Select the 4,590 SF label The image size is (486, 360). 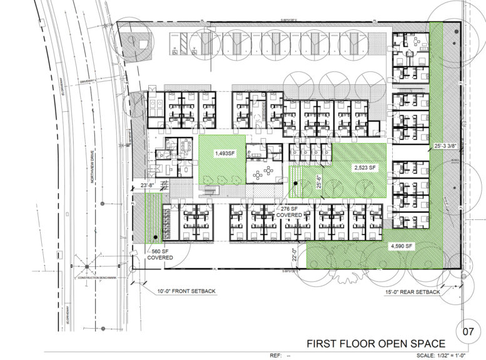pyautogui.click(x=401, y=246)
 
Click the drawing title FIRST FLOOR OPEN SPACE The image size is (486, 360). pyautogui.click(x=375, y=343)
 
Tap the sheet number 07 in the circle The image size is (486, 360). pyautogui.click(x=467, y=329)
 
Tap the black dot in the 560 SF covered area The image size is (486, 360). pyautogui.click(x=155, y=236)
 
